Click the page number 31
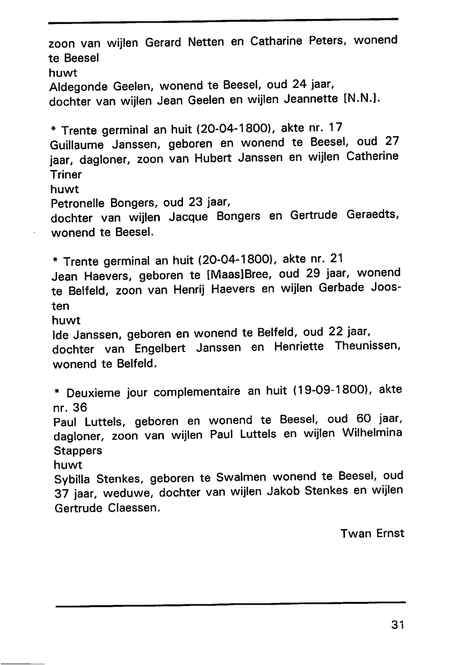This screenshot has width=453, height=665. pyautogui.click(x=397, y=625)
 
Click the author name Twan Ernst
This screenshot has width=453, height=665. pyautogui.click(x=372, y=533)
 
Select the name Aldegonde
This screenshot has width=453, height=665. pyautogui.click(x=78, y=87)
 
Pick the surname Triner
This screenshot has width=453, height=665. pyautogui.click(x=66, y=174)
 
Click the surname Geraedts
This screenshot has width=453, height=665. pyautogui.click(x=372, y=215)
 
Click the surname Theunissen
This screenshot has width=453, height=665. pyautogui.click(x=367, y=347)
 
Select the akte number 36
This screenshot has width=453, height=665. pyautogui.click(x=80, y=407)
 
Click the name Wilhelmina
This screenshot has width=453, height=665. pyautogui.click(x=372, y=433)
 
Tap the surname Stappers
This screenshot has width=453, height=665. pyautogui.click(x=78, y=451)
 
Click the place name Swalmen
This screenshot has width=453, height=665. pyautogui.click(x=241, y=478)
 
